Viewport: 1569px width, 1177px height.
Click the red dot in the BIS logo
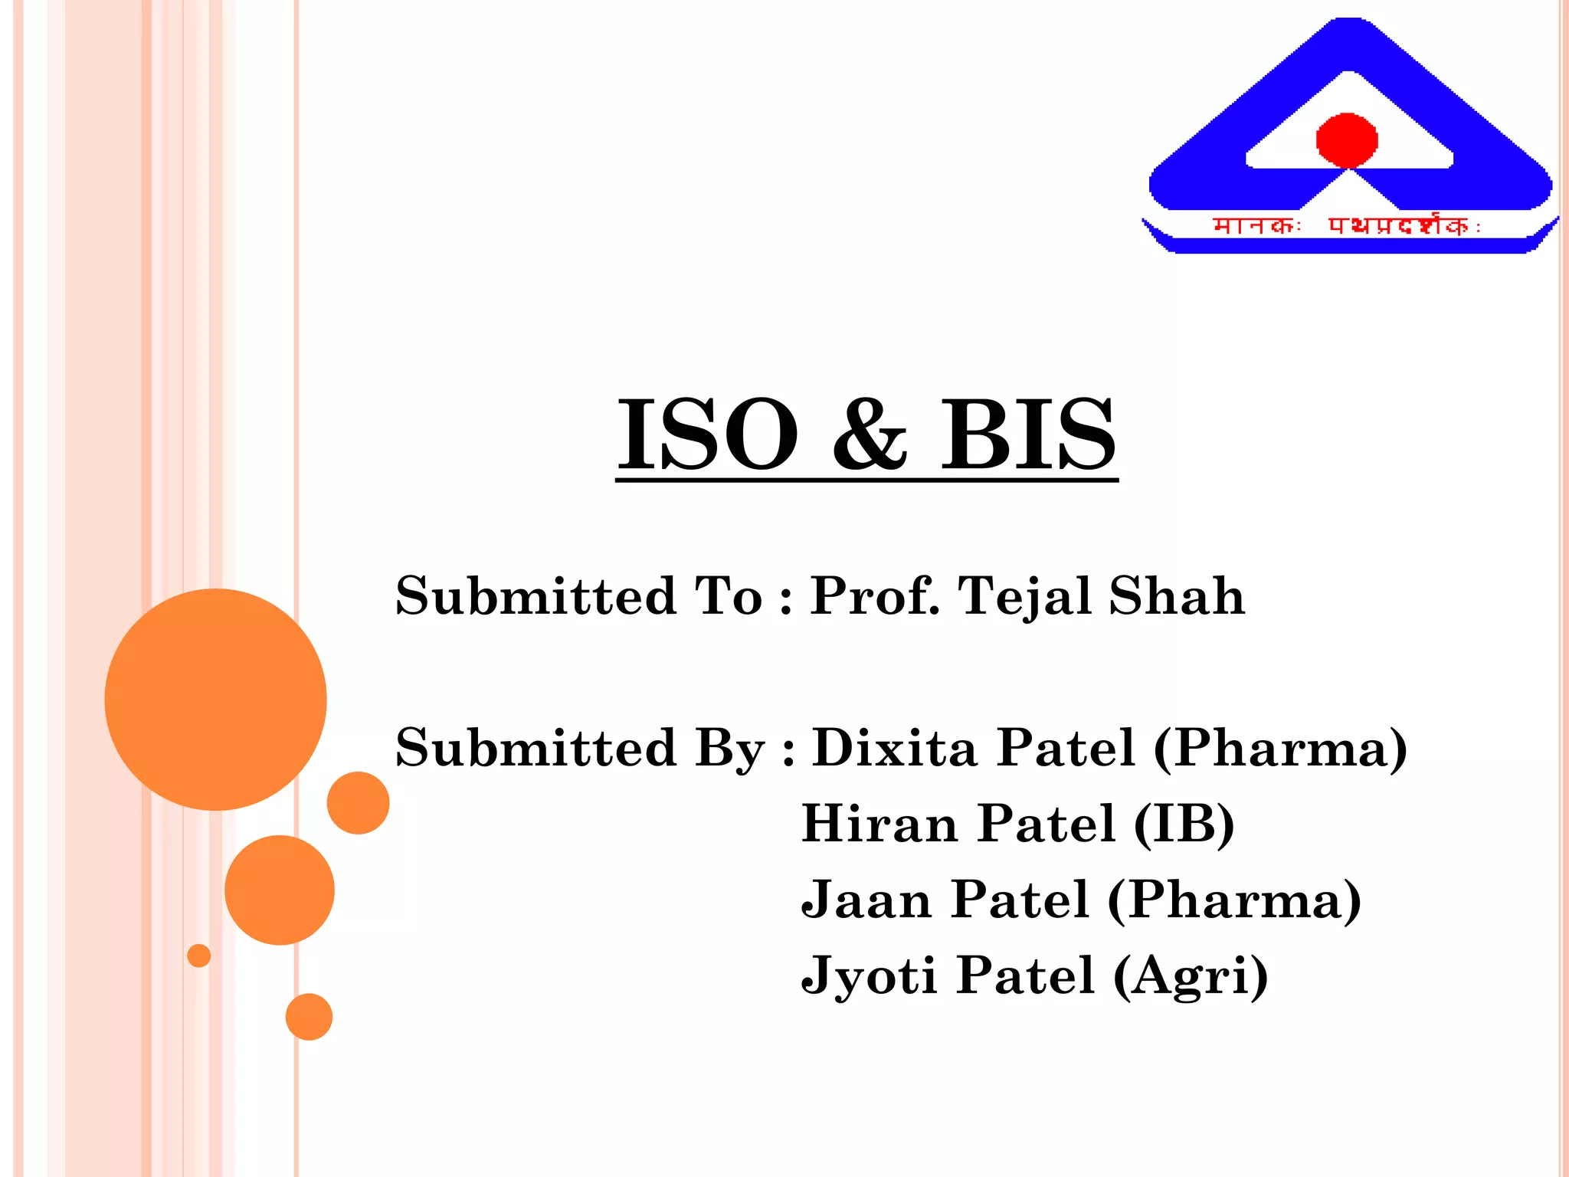(x=1347, y=140)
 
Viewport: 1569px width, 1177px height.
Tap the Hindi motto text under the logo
(x=1346, y=226)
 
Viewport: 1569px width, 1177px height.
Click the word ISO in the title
(x=707, y=434)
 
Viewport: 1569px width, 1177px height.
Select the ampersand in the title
(x=870, y=434)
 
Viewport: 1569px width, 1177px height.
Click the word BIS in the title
(x=1028, y=434)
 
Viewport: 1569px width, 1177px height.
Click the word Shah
(x=1177, y=596)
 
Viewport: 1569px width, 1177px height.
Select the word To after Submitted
(x=729, y=596)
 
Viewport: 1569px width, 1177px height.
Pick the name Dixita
(x=894, y=747)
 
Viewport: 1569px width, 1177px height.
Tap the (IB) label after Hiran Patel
(x=1184, y=824)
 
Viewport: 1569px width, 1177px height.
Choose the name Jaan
(x=866, y=900)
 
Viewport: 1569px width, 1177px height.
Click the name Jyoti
(x=869, y=976)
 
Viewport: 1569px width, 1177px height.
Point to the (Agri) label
(x=1191, y=976)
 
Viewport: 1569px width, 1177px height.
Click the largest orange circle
(x=215, y=699)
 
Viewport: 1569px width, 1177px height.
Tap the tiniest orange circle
(x=198, y=956)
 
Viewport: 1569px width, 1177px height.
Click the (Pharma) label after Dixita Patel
(x=1280, y=747)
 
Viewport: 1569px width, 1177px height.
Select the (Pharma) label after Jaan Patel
(x=1234, y=900)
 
